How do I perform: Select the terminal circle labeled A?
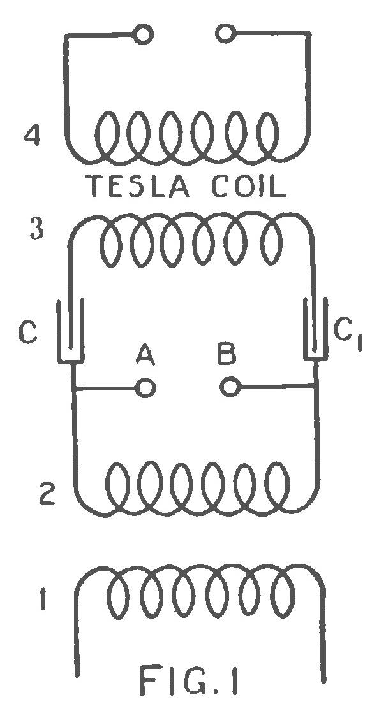[146, 387]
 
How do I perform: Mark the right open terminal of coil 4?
[225, 32]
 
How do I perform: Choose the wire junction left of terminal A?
[74, 387]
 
